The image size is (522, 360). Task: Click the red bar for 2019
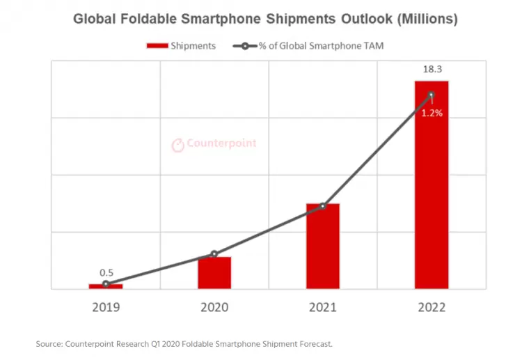106,286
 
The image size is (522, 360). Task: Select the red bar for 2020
214,273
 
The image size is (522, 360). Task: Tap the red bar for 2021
323,246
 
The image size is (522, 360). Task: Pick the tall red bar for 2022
432,185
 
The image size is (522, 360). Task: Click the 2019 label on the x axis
106,307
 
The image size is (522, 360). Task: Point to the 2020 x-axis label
214,307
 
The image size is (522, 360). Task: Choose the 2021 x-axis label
323,307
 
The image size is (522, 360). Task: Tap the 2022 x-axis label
432,307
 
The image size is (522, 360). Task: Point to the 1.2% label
432,113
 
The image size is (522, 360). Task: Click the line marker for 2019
106,284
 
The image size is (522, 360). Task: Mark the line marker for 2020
214,254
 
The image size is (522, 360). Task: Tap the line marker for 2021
323,206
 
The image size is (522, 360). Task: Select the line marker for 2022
432,95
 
